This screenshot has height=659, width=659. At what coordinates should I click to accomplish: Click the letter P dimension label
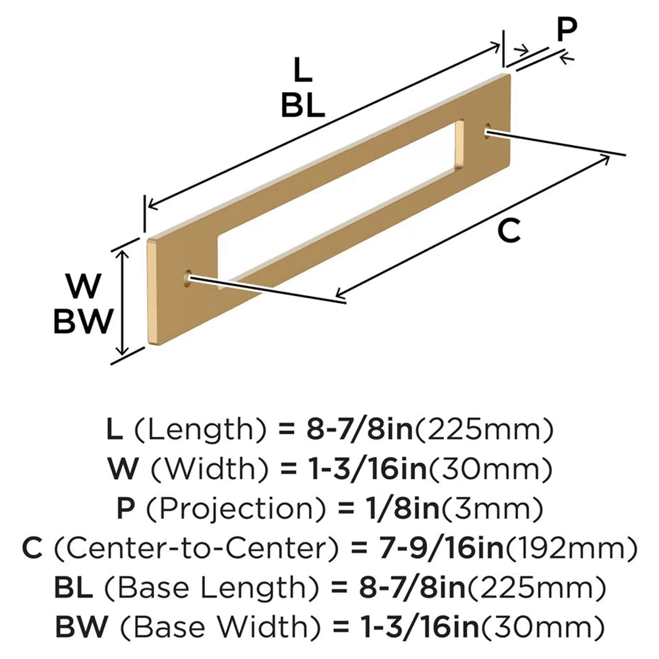[x=565, y=29]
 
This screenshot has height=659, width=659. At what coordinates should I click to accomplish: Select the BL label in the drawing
[x=302, y=105]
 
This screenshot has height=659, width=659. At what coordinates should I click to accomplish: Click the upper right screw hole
[x=488, y=130]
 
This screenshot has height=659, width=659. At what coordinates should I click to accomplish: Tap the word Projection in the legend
[x=207, y=509]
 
